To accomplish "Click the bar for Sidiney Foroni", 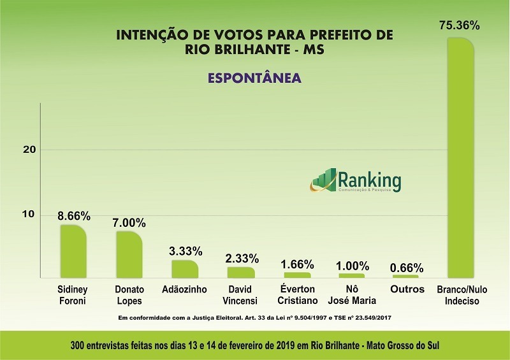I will (x=73, y=251).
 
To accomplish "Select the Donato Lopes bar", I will (x=129, y=254).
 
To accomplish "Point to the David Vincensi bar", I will (x=240, y=272).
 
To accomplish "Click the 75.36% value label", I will (x=460, y=26).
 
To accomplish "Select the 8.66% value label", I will (x=74, y=216).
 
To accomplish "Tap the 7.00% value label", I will (x=130, y=223).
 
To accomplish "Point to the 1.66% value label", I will (x=296, y=264).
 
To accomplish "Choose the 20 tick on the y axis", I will (x=28, y=149).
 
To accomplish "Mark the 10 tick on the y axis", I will (x=28, y=214).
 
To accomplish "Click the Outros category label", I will (x=407, y=289).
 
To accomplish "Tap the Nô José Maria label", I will (x=352, y=295).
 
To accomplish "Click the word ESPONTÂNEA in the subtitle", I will (x=254, y=78).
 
